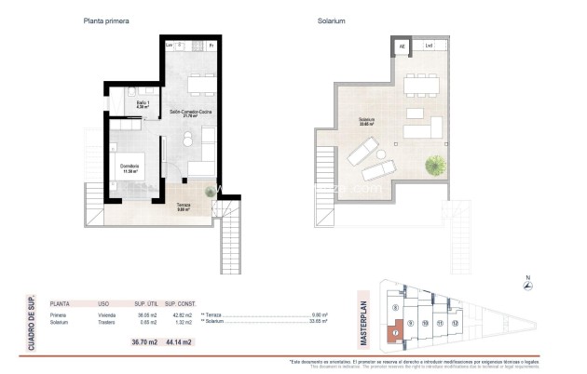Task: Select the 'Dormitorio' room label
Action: [x=129, y=168]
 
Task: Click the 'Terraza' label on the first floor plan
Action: [x=184, y=207]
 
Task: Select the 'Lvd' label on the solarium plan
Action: [x=429, y=46]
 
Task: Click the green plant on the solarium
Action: [x=434, y=167]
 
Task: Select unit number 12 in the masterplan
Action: [x=456, y=323]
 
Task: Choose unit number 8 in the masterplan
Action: [x=396, y=306]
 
